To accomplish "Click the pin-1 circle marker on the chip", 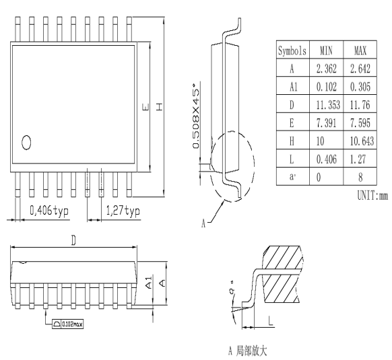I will point(26,142).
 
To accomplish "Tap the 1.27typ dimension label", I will point(123,211).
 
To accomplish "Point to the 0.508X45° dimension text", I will point(197,121).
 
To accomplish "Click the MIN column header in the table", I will point(326,50).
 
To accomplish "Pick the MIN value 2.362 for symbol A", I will point(326,69).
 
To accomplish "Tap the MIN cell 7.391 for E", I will point(326,123).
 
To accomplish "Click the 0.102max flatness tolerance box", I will point(69,324).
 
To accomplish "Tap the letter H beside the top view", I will point(158,108).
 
